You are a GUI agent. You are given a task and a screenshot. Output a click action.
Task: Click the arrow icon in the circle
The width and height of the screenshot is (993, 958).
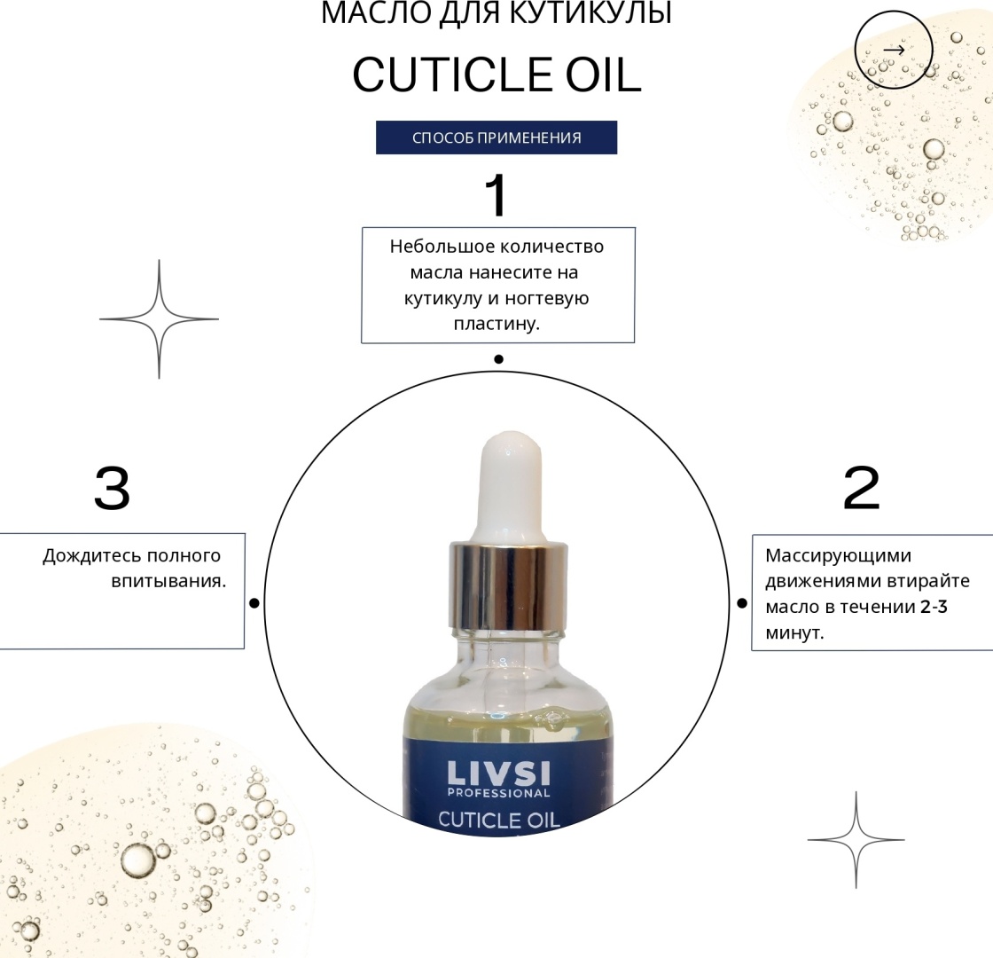894,50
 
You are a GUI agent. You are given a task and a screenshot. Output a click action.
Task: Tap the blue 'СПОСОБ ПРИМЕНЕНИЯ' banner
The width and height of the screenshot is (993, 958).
496,137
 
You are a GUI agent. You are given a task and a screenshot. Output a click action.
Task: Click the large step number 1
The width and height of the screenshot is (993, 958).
496,195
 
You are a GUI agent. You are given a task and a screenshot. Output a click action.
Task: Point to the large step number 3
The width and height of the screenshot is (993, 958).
112,488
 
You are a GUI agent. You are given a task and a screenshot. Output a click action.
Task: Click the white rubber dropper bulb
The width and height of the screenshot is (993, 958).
512,487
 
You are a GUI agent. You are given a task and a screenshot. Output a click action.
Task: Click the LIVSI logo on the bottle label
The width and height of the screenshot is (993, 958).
498,773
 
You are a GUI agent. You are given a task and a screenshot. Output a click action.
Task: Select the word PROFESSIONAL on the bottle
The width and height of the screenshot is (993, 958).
498,793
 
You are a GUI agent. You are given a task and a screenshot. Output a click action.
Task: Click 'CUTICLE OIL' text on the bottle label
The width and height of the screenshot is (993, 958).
499,820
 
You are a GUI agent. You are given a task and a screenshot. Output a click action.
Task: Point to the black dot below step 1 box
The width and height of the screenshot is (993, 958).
498,359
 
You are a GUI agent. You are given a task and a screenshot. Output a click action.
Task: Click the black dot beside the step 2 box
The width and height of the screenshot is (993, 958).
742,603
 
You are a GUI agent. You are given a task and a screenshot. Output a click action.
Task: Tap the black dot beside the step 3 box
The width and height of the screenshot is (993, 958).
254,603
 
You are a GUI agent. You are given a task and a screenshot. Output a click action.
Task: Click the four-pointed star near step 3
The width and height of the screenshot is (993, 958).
159,319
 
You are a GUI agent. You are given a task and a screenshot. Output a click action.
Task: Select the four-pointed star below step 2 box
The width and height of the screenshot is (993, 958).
856,840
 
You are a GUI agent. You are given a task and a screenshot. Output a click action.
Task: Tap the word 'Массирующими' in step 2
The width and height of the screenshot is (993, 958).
839,556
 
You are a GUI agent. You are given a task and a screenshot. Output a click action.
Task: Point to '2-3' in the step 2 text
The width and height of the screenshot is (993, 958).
934,607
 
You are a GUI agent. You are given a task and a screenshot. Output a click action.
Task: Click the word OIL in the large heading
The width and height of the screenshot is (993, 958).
603,75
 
